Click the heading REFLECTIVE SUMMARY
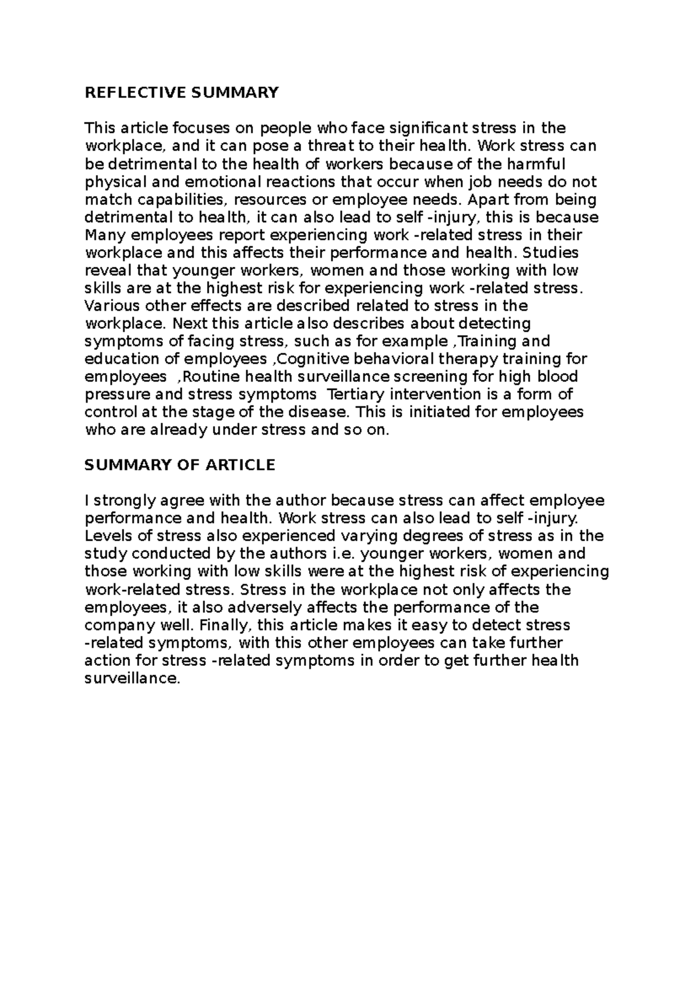tap(182, 93)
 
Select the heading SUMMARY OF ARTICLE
tap(180, 465)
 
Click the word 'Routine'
tap(212, 376)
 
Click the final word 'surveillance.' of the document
tap(133, 679)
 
